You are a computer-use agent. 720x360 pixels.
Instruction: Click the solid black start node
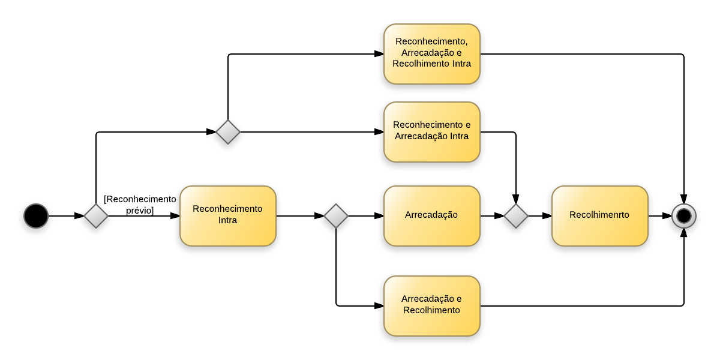(x=36, y=216)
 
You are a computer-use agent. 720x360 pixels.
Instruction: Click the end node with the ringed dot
(x=684, y=216)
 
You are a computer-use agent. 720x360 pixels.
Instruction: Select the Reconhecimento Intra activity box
(x=228, y=216)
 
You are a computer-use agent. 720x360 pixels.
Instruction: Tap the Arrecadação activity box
(x=432, y=216)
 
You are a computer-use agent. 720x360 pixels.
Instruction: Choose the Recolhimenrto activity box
(x=600, y=216)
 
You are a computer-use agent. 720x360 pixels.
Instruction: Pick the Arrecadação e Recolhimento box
(x=432, y=306)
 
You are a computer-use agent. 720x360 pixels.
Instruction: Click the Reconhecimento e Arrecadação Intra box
(x=432, y=132)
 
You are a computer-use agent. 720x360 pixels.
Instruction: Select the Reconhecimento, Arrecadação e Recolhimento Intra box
(x=432, y=54)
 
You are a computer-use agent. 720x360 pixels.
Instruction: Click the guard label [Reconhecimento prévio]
(x=140, y=205)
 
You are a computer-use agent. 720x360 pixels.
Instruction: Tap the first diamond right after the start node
(x=96, y=216)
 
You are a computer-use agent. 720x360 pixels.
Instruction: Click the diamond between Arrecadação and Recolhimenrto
(x=516, y=216)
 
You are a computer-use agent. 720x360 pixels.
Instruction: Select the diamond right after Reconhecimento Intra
(x=336, y=216)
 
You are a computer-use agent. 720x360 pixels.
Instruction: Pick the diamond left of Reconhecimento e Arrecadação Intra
(x=228, y=132)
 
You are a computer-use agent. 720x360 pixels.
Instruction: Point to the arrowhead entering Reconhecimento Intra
(x=175, y=216)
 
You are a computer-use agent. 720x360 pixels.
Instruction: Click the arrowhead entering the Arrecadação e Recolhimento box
(x=379, y=306)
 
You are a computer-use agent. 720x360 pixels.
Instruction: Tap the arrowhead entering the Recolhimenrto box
(x=547, y=216)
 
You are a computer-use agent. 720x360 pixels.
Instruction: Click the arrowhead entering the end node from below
(x=684, y=233)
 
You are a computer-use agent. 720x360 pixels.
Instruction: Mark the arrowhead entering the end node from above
(x=684, y=199)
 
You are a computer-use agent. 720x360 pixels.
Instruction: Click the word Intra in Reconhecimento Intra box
(x=227, y=220)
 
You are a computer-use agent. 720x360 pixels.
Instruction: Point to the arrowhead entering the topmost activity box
(x=379, y=54)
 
